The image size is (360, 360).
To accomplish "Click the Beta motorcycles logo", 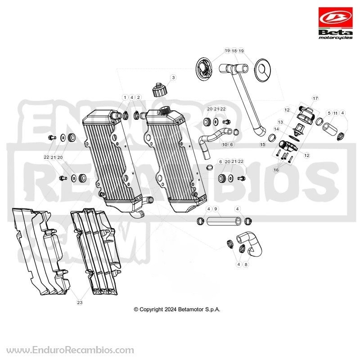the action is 335,23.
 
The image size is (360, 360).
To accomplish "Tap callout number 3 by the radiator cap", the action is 173,77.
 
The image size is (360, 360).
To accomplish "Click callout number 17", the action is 315,98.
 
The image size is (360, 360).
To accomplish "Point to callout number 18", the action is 234,50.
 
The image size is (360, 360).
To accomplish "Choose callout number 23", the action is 80,302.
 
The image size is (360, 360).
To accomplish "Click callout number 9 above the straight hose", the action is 216,209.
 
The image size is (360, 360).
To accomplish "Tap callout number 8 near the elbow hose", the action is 246,265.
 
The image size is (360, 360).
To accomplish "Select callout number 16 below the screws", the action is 276,170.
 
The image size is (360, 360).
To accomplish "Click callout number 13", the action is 280,122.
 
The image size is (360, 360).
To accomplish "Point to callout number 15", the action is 262,144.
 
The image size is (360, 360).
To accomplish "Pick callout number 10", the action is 225,144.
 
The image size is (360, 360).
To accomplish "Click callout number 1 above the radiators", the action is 125,97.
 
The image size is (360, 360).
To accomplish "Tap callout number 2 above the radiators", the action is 139,97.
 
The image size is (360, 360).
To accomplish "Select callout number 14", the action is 276,129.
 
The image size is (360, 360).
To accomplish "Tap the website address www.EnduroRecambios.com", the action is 70,350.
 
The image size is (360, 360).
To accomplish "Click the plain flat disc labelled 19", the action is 263,70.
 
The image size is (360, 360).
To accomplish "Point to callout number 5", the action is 329,113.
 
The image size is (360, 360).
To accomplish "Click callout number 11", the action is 335,113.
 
